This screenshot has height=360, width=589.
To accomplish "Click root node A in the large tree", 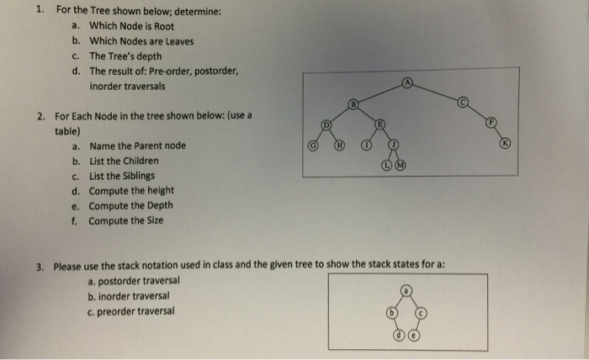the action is (x=407, y=82).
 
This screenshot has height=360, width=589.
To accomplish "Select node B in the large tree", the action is (x=353, y=104).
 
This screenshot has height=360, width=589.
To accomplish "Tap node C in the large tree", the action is (x=463, y=102).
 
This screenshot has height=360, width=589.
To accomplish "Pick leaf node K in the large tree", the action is (x=505, y=143).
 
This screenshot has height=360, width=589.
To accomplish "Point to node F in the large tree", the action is (x=491, y=122).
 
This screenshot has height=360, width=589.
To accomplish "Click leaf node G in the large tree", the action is (x=312, y=146).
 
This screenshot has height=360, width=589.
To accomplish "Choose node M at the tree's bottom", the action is (x=401, y=165).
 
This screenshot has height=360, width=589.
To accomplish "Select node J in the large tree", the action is (x=393, y=145).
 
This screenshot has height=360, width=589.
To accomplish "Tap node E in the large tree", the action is (x=379, y=124).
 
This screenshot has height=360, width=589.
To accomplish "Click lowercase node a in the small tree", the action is (x=406, y=290).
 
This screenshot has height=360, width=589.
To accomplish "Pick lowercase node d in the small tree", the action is (x=400, y=335).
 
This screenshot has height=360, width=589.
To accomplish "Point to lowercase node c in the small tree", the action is (x=421, y=313).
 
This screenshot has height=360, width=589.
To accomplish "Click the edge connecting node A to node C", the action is (x=435, y=93).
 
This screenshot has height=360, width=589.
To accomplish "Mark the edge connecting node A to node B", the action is (x=380, y=93).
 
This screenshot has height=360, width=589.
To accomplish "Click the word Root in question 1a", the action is (x=164, y=27).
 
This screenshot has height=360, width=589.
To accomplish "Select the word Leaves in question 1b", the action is (x=179, y=41).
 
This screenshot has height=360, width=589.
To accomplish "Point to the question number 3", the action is (x=40, y=267).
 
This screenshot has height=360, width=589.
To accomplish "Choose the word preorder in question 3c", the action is (x=115, y=311).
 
